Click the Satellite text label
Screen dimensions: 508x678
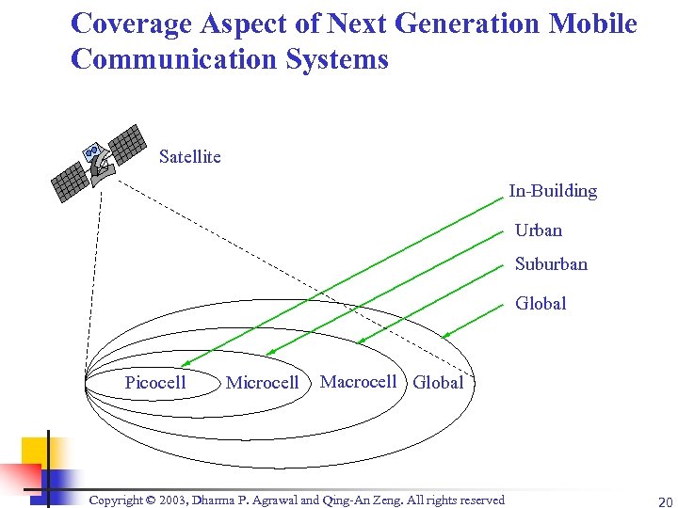[x=190, y=157]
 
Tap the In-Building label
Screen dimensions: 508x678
[x=553, y=191]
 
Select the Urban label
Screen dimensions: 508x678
[x=538, y=230]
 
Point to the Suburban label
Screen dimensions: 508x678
[x=550, y=264]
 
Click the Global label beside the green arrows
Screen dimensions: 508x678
[x=540, y=304]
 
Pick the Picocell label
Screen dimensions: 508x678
[x=155, y=382]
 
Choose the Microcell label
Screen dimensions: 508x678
[x=262, y=383]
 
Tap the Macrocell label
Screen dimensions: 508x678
[x=358, y=381]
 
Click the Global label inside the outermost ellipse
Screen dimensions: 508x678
[x=438, y=383]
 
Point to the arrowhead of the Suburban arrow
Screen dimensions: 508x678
[x=360, y=341]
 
